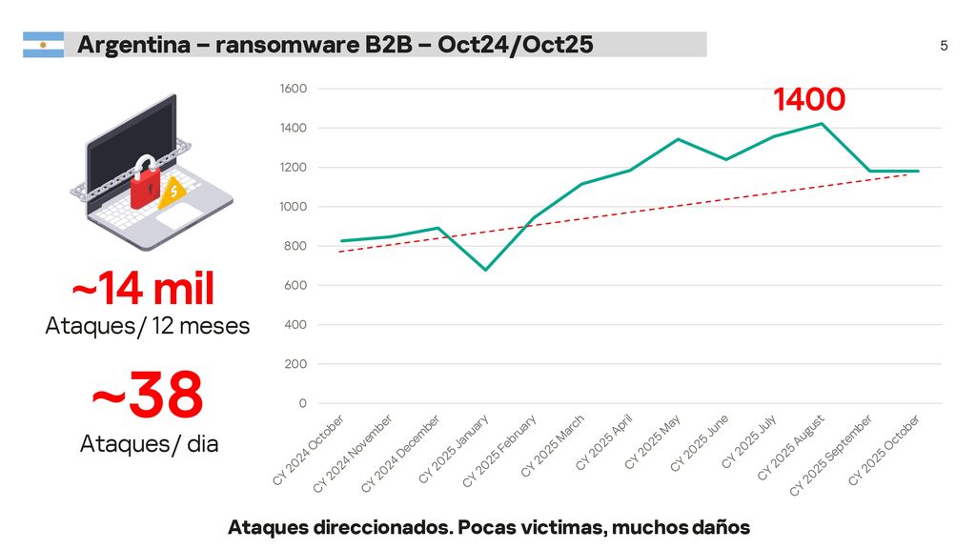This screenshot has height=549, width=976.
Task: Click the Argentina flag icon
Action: (x=43, y=45)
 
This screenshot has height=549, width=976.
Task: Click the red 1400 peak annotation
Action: (x=809, y=99)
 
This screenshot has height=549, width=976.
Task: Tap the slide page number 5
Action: (x=944, y=46)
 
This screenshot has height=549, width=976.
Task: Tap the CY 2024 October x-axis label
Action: (x=309, y=449)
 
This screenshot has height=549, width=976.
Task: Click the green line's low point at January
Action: (x=485, y=270)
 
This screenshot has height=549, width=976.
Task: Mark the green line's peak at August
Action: (x=821, y=124)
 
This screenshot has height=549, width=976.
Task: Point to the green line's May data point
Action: (x=677, y=139)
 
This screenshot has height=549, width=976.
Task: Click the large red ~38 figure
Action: (x=148, y=396)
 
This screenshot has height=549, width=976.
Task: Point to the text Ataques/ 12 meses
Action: (x=148, y=326)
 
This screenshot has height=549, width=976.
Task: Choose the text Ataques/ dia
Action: (x=149, y=443)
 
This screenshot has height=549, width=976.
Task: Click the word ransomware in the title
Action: (x=274, y=45)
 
